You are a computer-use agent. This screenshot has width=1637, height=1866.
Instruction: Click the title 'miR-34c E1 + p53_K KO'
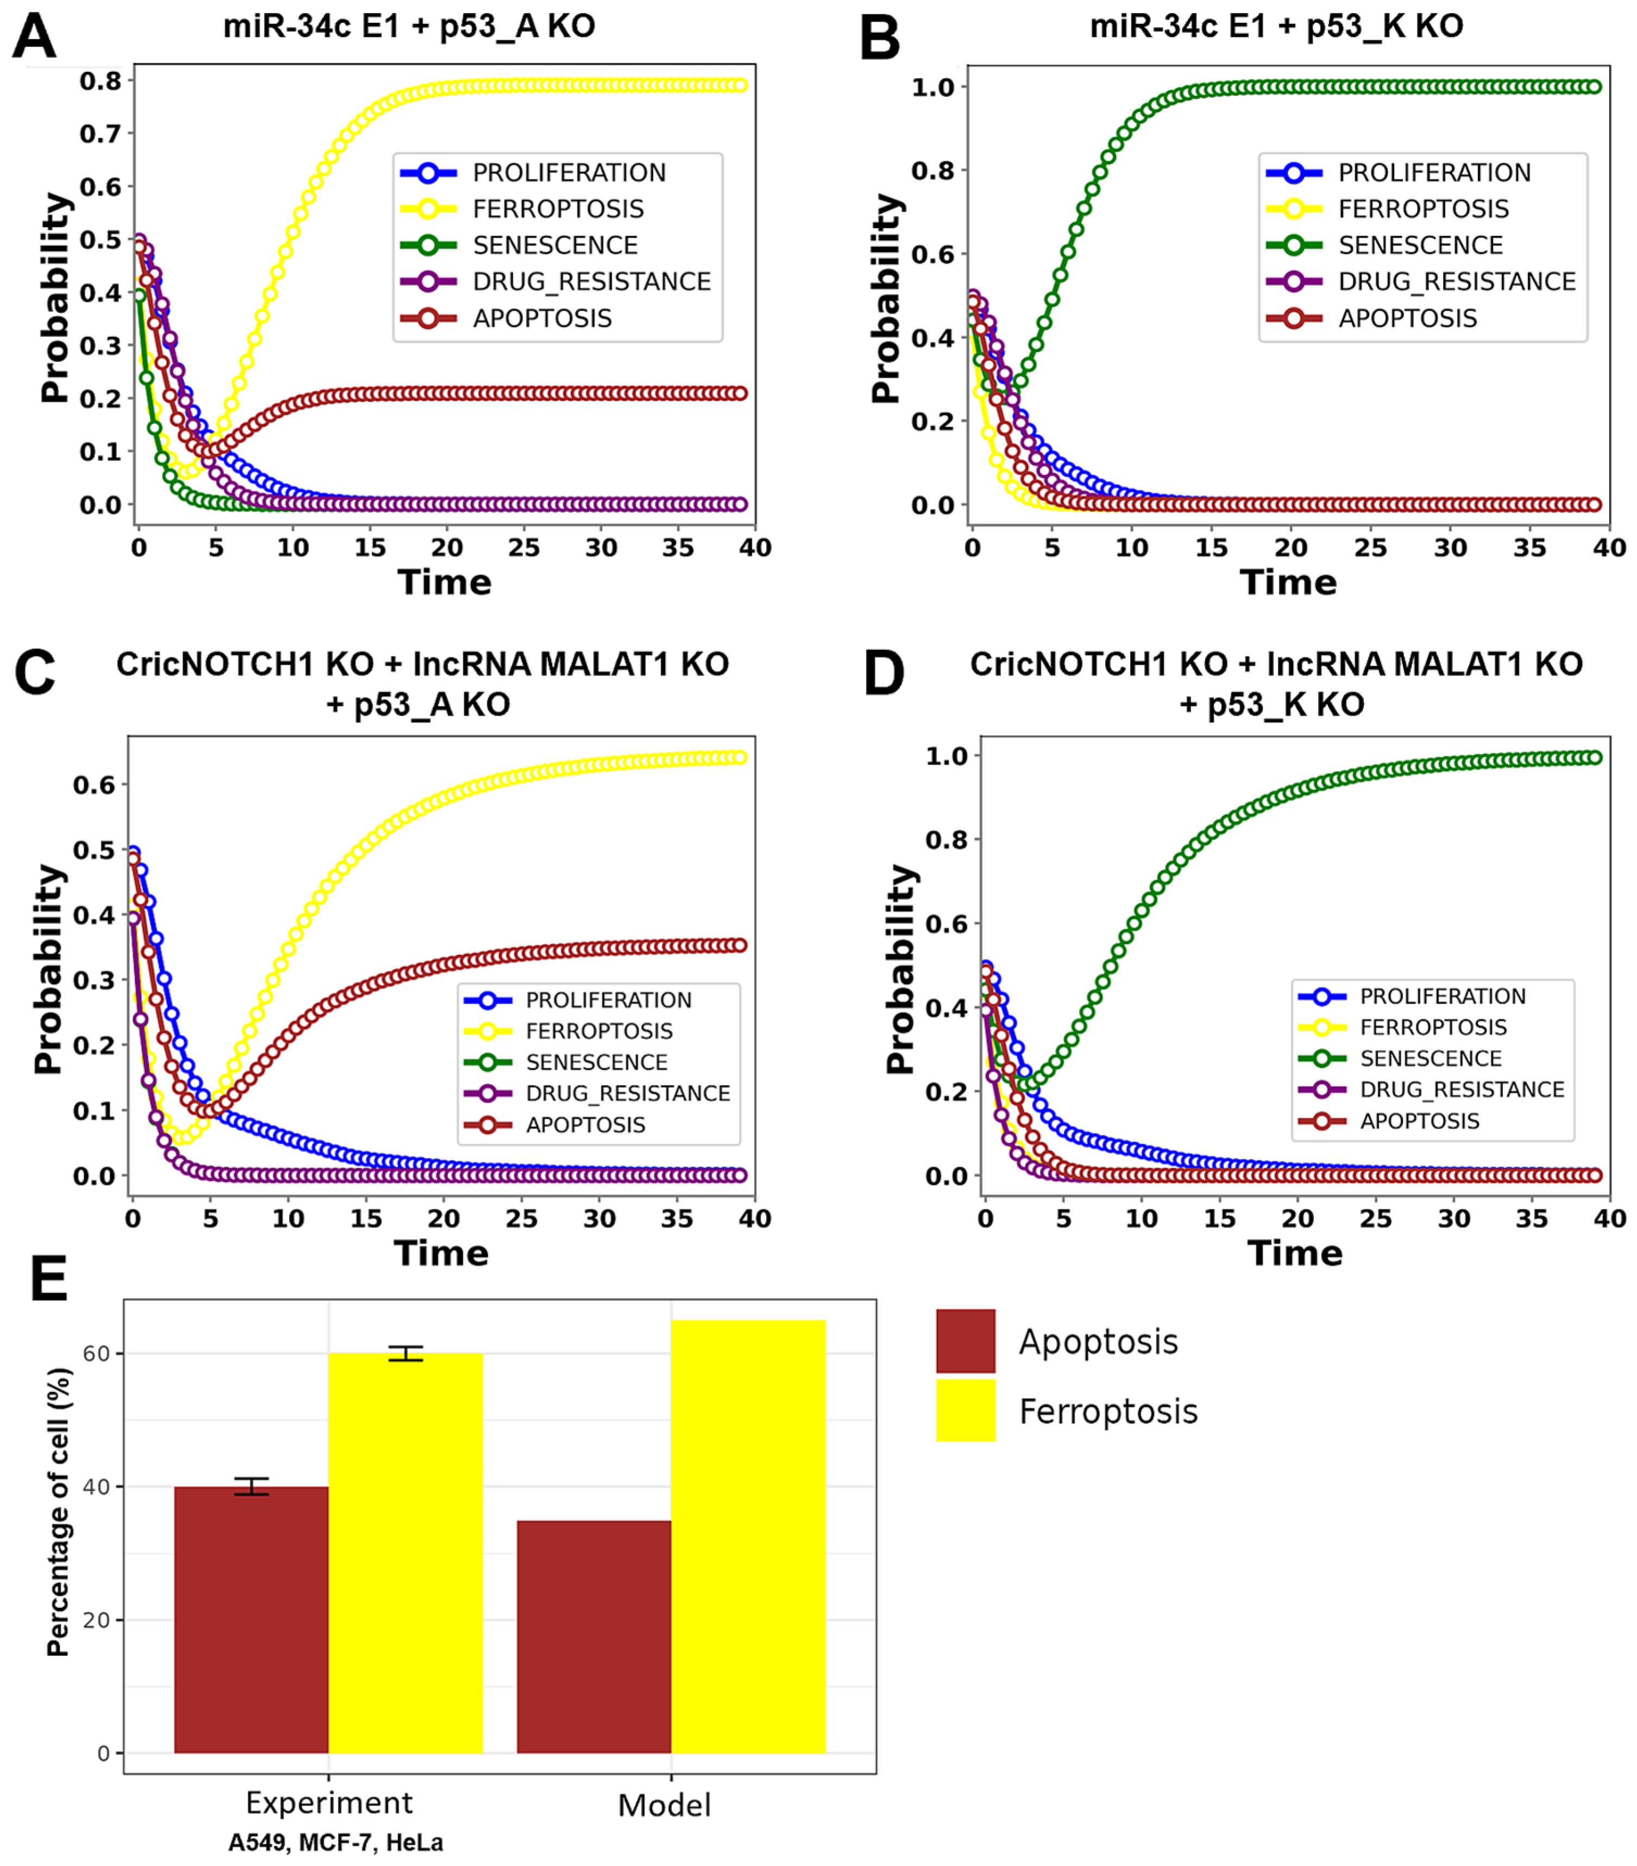(1276, 27)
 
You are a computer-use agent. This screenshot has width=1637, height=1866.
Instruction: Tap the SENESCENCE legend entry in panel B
(1420, 246)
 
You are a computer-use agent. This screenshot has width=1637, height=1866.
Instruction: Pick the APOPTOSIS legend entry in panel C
(585, 1125)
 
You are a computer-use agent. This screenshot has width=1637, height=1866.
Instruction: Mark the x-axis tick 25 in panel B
(1370, 548)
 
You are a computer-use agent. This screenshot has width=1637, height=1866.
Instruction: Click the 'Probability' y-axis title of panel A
(55, 298)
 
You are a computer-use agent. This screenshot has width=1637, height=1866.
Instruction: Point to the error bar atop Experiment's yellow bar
(405, 1353)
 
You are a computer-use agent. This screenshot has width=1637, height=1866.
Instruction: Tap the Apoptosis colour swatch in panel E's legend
(965, 1341)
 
